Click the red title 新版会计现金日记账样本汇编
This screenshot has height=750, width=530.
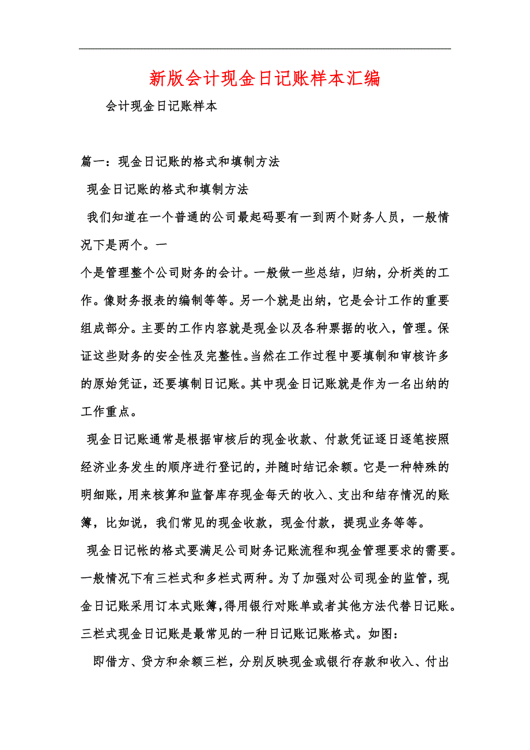pos(264,78)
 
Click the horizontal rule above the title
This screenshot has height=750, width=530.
pos(264,48)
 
